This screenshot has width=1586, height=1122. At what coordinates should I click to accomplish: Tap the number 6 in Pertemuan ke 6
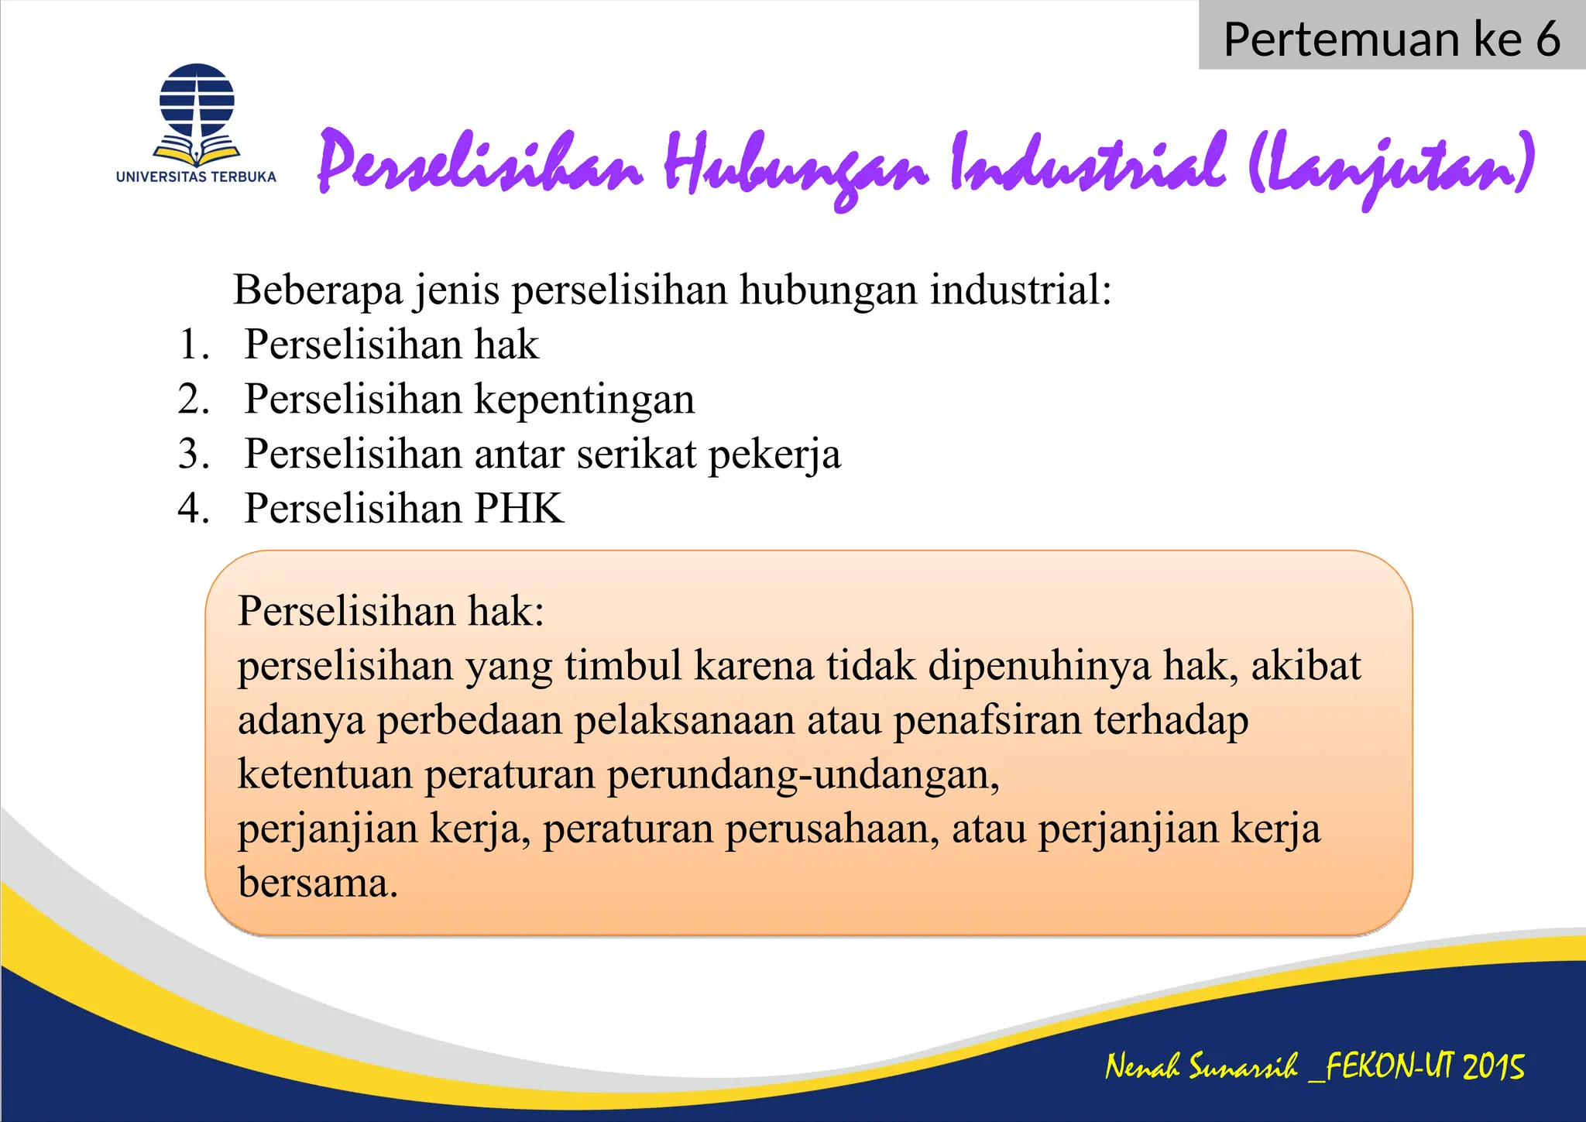tap(1548, 39)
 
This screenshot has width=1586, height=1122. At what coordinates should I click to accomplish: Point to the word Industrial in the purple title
tap(1087, 163)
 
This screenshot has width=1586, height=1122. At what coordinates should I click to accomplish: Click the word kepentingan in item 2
tap(585, 400)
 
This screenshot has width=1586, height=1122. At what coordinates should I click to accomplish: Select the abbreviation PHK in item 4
tap(520, 509)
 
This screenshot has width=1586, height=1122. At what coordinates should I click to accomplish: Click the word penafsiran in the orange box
tap(987, 720)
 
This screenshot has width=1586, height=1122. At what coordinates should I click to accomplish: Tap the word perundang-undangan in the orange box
tap(802, 774)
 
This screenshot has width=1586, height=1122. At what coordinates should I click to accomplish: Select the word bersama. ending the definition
tap(318, 883)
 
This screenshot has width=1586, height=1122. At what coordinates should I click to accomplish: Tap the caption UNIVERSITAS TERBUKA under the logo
tap(196, 177)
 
